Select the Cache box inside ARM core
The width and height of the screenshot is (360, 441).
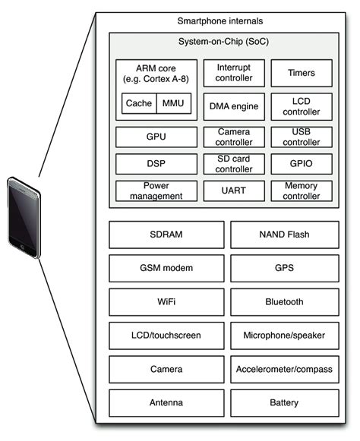coord(138,103)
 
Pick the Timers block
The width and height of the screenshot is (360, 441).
coord(301,74)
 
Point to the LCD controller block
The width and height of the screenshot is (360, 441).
coord(301,107)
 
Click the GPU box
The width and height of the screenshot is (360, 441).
coord(156,137)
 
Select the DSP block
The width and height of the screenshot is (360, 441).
coord(156,163)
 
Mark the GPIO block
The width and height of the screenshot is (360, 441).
coord(301,163)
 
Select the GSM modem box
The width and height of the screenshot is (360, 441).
coord(166,268)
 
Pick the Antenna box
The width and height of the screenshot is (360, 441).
coord(166,402)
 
